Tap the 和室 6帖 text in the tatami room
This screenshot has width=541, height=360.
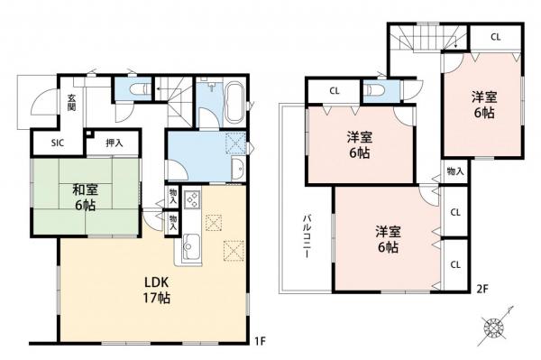pos(87,197)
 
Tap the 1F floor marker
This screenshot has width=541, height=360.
pos(258,340)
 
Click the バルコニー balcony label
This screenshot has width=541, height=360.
pos(307,236)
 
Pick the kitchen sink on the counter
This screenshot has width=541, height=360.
pos(190,245)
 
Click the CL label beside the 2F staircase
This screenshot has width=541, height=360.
pos(496,38)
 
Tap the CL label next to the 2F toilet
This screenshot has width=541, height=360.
pos(334,90)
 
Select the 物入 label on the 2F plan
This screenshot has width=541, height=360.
pos(454,171)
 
